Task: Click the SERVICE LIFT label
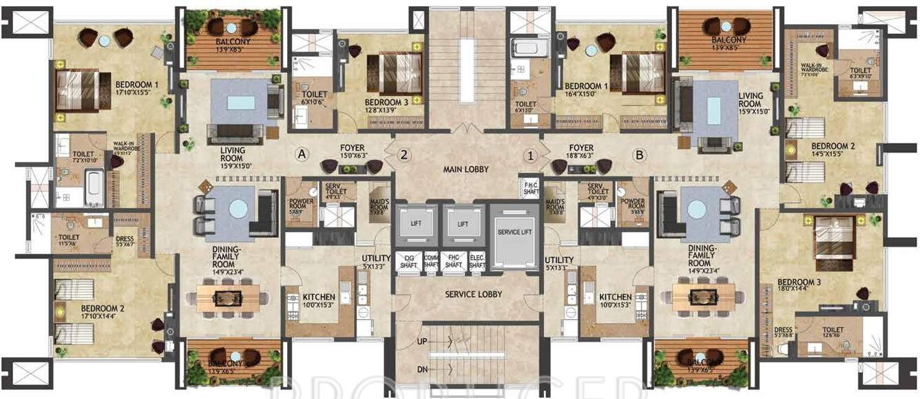tap(514, 232)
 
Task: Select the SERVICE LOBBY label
tap(472, 294)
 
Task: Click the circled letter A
tap(301, 154)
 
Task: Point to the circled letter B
tap(639, 155)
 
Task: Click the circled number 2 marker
tap(405, 155)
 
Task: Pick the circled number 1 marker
tap(530, 155)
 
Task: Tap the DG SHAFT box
tap(408, 260)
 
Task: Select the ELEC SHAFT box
tap(477, 260)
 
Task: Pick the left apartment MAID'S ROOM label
tap(379, 206)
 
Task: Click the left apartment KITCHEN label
tap(319, 300)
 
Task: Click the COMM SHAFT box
tap(431, 260)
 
